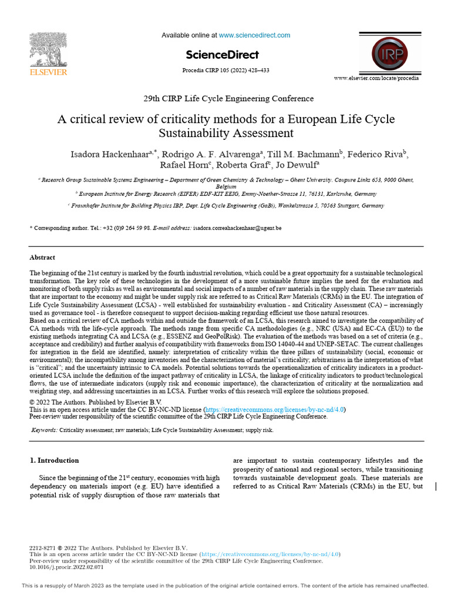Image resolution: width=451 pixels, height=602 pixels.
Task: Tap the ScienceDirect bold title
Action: click(x=222, y=55)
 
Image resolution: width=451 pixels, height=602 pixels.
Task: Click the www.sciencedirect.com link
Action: click(x=254, y=35)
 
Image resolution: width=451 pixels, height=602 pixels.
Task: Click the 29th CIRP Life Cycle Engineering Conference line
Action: click(x=225, y=99)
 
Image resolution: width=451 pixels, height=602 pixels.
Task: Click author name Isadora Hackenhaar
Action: click(x=109, y=155)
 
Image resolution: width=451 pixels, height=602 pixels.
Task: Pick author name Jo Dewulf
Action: click(x=298, y=165)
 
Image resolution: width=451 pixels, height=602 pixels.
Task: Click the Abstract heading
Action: click(x=42, y=257)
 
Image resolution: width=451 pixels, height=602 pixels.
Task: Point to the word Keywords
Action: click(x=44, y=430)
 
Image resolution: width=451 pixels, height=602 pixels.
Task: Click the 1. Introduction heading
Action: click(x=54, y=460)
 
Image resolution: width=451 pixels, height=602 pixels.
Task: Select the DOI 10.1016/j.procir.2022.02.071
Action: click(x=66, y=568)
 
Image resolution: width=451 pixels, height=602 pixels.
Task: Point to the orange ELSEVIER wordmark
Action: click(x=49, y=72)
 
